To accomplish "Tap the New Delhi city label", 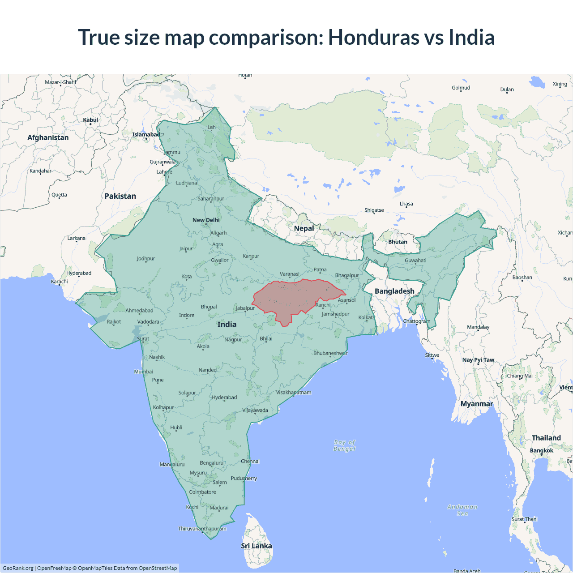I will click(x=206, y=220).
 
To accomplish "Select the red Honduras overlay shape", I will click(x=295, y=298).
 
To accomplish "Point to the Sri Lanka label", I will click(x=256, y=546).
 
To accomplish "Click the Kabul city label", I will click(x=90, y=120).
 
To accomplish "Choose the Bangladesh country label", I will click(x=394, y=291).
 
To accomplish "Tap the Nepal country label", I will click(x=304, y=228).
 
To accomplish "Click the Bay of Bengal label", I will click(x=344, y=445).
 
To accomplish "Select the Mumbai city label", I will click(x=143, y=372).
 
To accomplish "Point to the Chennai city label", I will click(x=250, y=461).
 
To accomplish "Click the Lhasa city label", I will click(x=406, y=204).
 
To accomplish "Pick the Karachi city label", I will click(x=60, y=282).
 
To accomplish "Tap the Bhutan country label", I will click(x=398, y=242).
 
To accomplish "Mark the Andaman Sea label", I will click(x=462, y=510).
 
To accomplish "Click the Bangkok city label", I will click(x=542, y=450).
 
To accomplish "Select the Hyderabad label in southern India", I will click(x=224, y=397).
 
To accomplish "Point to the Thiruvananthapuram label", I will click(x=202, y=529).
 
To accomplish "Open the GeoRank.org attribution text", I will click(x=18, y=568).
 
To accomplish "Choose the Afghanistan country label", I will click(x=48, y=137).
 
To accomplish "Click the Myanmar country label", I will click(x=477, y=404).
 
